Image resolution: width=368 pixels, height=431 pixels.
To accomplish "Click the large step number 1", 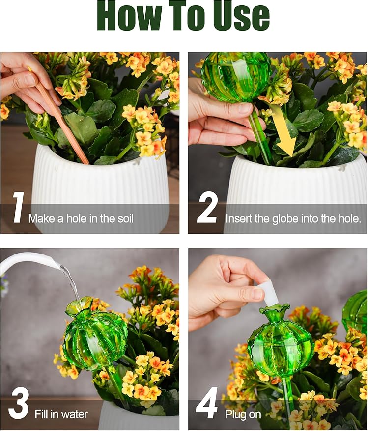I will (18, 208).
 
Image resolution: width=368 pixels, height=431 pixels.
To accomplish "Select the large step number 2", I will (207, 208).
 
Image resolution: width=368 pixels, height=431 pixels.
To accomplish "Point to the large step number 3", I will (18, 403).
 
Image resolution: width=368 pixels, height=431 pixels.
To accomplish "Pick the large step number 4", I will (207, 403).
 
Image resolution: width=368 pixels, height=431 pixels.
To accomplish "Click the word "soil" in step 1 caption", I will (121, 218).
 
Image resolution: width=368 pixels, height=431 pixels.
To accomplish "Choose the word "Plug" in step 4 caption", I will (235, 414).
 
